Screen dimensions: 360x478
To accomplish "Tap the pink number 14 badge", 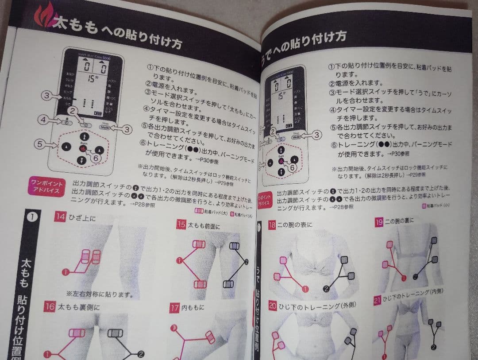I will [60, 217].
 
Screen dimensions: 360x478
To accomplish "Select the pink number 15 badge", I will [181, 225].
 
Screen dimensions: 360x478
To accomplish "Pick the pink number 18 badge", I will [272, 225].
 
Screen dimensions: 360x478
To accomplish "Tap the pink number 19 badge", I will [378, 222].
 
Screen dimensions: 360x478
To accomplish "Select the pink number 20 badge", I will [272, 305].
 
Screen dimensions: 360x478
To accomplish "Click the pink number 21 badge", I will [378, 300].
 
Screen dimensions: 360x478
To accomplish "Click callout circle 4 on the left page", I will [42, 119].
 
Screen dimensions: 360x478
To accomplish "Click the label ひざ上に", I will [82, 217].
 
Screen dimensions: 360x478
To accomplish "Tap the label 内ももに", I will [193, 308].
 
